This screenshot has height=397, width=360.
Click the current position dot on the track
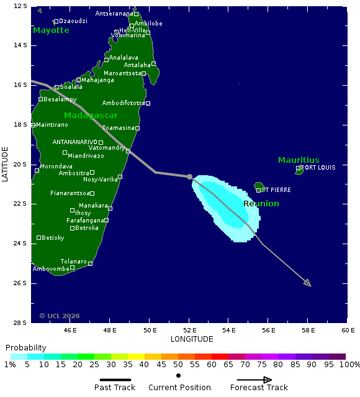pos(190,176)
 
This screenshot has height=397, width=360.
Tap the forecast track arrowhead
pos(308,284)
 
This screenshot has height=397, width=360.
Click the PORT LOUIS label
pos(318,167)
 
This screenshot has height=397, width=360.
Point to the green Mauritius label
pos(299,160)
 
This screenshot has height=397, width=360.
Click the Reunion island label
pos(261,204)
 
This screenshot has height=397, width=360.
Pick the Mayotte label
pos(51,30)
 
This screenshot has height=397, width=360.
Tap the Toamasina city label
pos(118,128)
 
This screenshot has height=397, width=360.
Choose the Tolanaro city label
pos(74,262)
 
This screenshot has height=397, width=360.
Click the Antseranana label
pos(114,14)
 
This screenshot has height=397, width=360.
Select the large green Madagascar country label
pos(91,116)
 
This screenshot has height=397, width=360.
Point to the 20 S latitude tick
pos(20,164)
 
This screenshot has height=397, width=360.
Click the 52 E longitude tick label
pos(189,330)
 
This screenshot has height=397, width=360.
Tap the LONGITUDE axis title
pos(192,339)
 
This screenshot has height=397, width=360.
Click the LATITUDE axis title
pos(5,164)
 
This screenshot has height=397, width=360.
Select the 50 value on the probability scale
pos(179,365)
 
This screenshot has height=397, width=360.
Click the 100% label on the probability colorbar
pos(349,365)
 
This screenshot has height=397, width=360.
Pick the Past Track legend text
pos(115,388)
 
